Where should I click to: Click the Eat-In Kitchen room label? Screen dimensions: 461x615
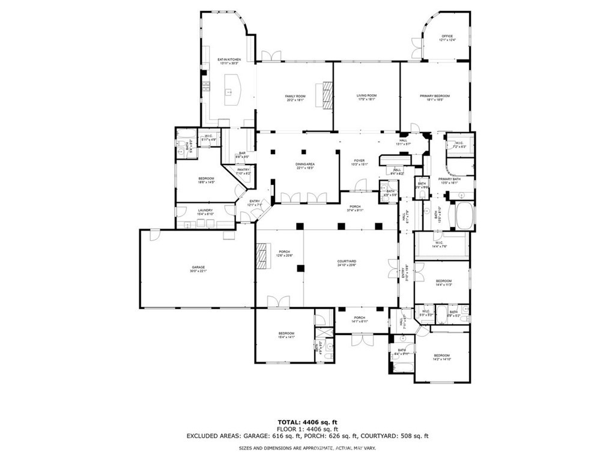pyautogui.click(x=229, y=59)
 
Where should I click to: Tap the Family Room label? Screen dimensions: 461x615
pyautogui.click(x=295, y=96)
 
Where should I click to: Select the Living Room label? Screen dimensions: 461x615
pyautogui.click(x=366, y=95)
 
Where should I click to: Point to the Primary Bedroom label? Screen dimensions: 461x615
pyautogui.click(x=434, y=96)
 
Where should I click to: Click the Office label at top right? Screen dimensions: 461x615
pyautogui.click(x=447, y=36)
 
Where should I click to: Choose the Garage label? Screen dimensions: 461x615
pyautogui.click(x=198, y=267)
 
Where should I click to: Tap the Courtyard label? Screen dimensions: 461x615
pyautogui.click(x=347, y=261)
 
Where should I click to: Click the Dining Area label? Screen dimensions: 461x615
pyautogui.click(x=305, y=164)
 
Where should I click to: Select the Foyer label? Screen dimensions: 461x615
pyautogui.click(x=359, y=160)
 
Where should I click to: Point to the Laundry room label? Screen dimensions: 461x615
pyautogui.click(x=204, y=210)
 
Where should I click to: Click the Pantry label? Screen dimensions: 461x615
pyautogui.click(x=243, y=170)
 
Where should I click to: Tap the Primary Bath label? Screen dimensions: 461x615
pyautogui.click(x=449, y=179)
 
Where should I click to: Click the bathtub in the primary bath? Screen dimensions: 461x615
pyautogui.click(x=465, y=217)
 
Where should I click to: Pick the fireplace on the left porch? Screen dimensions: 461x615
pyautogui.click(x=262, y=258)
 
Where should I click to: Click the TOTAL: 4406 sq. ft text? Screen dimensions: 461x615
pyautogui.click(x=307, y=422)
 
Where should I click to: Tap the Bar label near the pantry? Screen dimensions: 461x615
pyautogui.click(x=242, y=153)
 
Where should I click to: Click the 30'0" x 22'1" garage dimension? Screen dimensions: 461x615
pyautogui.click(x=198, y=271)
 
